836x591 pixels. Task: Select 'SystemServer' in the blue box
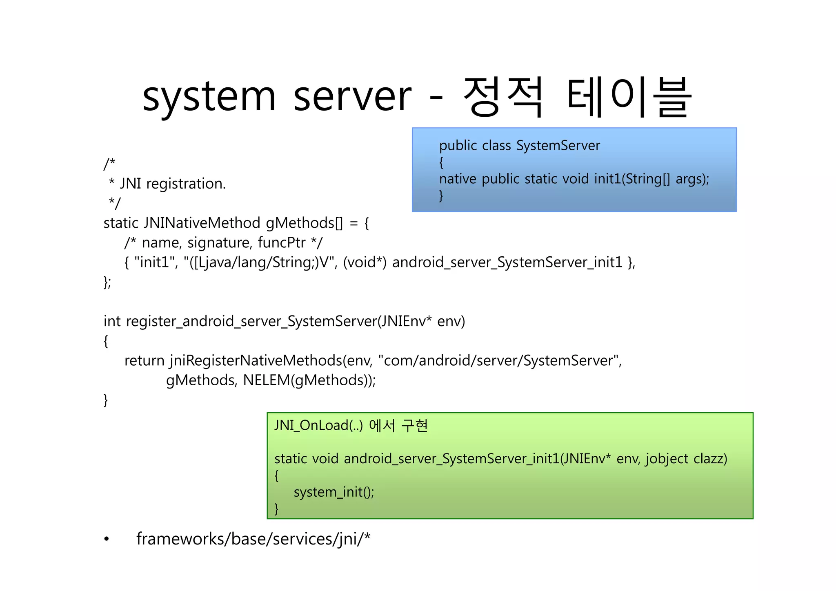point(558,146)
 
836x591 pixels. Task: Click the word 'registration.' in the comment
point(186,184)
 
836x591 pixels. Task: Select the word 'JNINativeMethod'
point(202,223)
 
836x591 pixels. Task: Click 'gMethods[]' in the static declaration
point(305,223)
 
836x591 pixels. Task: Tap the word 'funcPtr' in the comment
point(282,243)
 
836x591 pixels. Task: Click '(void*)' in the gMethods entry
point(365,262)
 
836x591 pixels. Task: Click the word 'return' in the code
point(144,361)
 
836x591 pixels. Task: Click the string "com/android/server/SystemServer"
point(500,361)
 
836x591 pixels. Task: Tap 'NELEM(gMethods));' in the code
point(309,380)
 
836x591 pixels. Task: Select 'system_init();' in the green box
point(334,492)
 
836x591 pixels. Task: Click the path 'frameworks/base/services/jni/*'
point(253,539)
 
